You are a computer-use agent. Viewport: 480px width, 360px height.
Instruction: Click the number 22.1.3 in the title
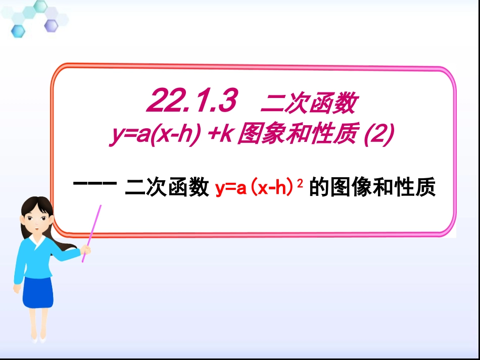point(193,102)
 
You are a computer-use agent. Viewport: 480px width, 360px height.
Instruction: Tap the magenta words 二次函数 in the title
point(309,104)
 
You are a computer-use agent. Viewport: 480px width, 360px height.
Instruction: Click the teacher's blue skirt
point(37,291)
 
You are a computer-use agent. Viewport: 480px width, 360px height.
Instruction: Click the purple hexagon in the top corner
point(51,25)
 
